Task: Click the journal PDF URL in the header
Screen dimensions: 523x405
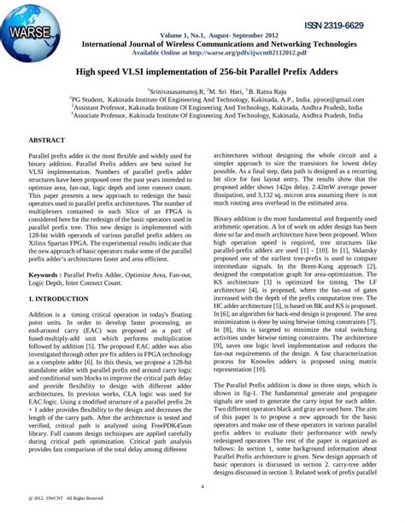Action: [206, 51]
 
